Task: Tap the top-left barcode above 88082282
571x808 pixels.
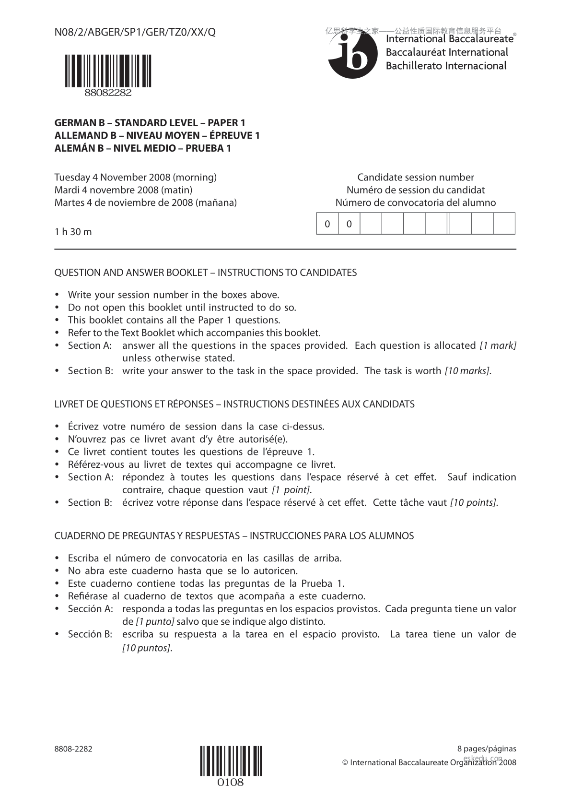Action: (108, 71)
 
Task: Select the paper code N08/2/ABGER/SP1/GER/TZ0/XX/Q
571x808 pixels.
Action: (135, 33)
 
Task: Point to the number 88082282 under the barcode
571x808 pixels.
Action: (108, 93)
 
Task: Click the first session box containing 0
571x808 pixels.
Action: (327, 224)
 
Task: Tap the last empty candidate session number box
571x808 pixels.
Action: (504, 224)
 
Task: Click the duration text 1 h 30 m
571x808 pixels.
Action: (73, 232)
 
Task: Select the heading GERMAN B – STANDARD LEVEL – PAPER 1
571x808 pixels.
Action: (150, 123)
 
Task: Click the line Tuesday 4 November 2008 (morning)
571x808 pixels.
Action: (135, 178)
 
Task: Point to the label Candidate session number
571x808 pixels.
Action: (415, 178)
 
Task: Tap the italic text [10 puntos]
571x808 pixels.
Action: (146, 648)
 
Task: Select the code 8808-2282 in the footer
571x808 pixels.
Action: (73, 749)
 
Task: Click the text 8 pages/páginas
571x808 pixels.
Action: (487, 749)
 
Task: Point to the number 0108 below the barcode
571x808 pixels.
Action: (231, 783)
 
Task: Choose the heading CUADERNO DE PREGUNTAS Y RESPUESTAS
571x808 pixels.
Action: (234, 536)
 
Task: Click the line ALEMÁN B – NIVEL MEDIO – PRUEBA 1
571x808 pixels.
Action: (142, 148)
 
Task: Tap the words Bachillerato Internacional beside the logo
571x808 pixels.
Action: (446, 66)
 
